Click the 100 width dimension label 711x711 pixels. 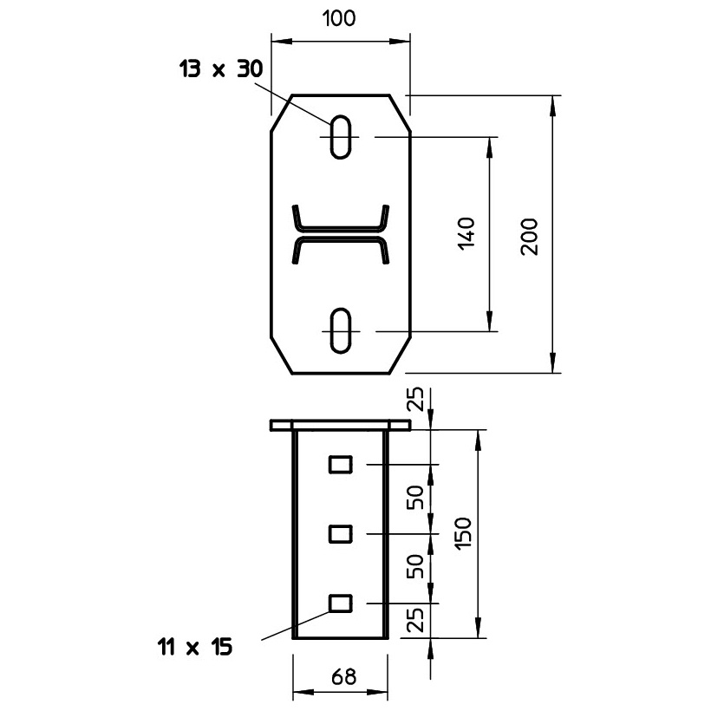pos(339,18)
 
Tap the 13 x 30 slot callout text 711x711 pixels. pos(221,68)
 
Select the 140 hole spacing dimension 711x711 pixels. pos(466,234)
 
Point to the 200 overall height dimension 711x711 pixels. pos(529,237)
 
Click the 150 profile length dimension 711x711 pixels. pos(463,533)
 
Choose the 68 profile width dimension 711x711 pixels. pos(343,677)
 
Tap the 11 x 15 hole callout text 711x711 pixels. pos(195,647)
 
